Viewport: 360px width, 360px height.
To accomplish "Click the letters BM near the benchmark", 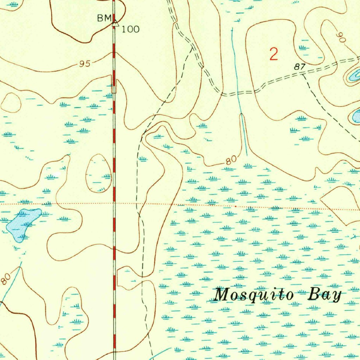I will (104, 18).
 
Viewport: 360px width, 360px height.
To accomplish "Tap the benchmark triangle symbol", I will (115, 24).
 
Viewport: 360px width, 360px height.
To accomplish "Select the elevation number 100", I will (130, 29).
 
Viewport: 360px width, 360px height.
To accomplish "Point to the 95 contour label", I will (85, 64).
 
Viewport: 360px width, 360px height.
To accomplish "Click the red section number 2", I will (274, 54).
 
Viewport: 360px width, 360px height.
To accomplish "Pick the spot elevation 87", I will (300, 66).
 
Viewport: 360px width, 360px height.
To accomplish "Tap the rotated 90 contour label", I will (341, 38).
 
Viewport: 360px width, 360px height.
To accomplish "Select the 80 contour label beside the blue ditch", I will (231, 161).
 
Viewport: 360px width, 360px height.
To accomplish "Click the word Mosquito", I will (253, 295).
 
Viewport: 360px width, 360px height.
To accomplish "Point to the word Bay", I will (324, 295).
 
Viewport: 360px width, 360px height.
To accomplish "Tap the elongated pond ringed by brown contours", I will (353, 76).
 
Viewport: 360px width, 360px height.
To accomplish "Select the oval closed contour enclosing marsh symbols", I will (98, 174).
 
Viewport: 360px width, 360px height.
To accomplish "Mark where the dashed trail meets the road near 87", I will (303, 74).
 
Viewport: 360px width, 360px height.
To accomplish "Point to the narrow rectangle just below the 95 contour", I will (114, 86).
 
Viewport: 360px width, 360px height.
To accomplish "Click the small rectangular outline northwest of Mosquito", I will (123, 278).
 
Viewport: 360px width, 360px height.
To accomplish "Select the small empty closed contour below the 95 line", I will (11, 103).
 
